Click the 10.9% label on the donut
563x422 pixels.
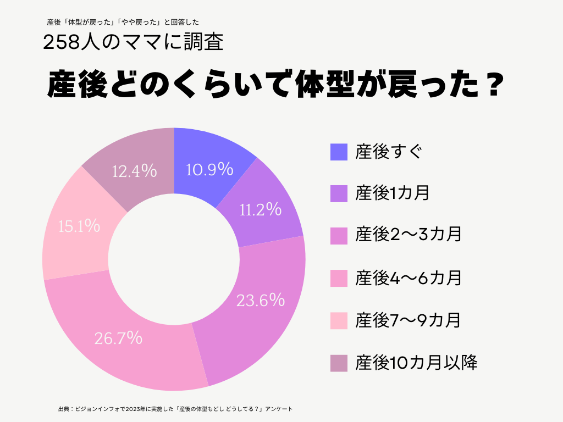pos(209,169)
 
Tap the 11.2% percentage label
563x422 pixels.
pos(261,209)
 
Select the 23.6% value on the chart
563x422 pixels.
pos(260,300)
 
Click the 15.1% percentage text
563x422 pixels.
pos(79,225)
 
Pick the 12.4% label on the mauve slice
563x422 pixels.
pos(135,171)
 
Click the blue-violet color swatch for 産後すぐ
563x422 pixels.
pos(339,152)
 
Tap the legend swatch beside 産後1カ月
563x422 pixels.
pos(339,193)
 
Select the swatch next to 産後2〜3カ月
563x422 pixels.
pos(339,236)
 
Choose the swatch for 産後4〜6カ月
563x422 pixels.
pos(339,278)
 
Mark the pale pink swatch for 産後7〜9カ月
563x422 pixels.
pos(339,320)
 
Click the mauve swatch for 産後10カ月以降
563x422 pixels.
pos(339,363)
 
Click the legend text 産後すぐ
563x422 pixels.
pos(388,152)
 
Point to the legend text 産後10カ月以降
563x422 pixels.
pos(416,363)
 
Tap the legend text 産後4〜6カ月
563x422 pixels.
pos(408,278)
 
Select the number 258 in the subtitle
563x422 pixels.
pos(61,43)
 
